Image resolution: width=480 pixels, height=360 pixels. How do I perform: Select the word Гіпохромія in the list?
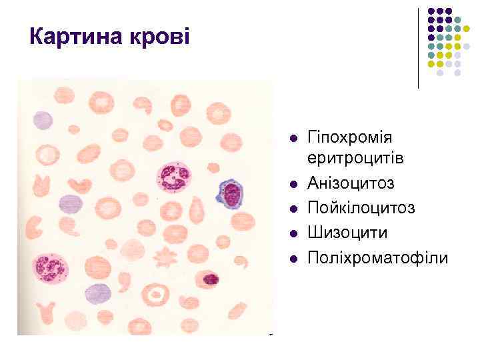pos(349,137)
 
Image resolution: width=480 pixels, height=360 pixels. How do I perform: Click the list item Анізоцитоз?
pos(351,183)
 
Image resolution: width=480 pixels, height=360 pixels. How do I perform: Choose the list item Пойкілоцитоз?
pos(361,208)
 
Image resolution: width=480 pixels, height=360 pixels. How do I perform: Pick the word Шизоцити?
pos(347,233)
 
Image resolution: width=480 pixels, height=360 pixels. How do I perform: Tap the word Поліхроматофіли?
pos(377,257)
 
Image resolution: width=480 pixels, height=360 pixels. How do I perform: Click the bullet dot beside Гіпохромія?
pos(293,139)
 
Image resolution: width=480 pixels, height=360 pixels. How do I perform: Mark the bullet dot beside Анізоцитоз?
pos(293,185)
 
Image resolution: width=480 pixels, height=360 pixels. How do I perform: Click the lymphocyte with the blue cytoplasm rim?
pos(230,194)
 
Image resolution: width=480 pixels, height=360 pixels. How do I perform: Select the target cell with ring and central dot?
pos(158,294)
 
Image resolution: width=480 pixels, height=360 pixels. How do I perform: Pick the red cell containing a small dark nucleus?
pos(211,279)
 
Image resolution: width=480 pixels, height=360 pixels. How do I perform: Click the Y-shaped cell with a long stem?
pos(45,311)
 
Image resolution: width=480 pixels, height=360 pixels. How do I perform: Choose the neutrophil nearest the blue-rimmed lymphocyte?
pos(175,177)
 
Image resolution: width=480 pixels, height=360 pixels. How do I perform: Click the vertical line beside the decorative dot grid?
pos(419,48)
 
